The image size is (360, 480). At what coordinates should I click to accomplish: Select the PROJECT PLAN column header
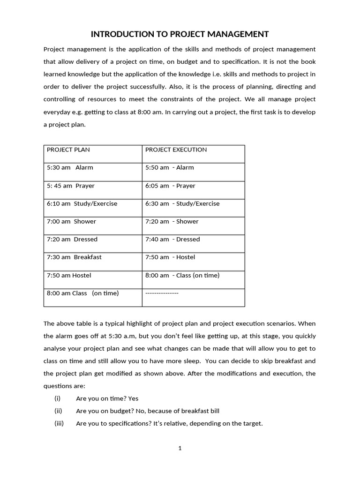click(68, 150)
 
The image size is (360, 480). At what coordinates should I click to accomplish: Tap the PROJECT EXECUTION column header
click(176, 150)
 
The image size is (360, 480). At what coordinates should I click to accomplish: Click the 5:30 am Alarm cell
click(70, 168)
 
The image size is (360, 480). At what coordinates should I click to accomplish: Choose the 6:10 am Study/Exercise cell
click(82, 204)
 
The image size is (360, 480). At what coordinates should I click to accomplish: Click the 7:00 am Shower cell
click(71, 222)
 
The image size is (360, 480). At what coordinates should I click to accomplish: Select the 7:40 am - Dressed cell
click(172, 240)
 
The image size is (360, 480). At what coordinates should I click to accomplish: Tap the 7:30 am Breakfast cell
click(74, 257)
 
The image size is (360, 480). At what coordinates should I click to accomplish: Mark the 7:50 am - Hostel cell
click(170, 257)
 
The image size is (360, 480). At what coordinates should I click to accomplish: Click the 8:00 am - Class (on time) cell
click(182, 276)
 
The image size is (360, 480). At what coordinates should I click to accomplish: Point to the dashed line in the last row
click(162, 293)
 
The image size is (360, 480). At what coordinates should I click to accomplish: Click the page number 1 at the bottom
click(180, 448)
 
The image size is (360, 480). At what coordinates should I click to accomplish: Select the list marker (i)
click(58, 398)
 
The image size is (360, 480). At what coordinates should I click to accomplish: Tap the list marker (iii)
click(59, 424)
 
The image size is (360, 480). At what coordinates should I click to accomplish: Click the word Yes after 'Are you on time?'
click(133, 398)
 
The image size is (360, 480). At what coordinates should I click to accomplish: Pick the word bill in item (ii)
click(213, 411)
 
